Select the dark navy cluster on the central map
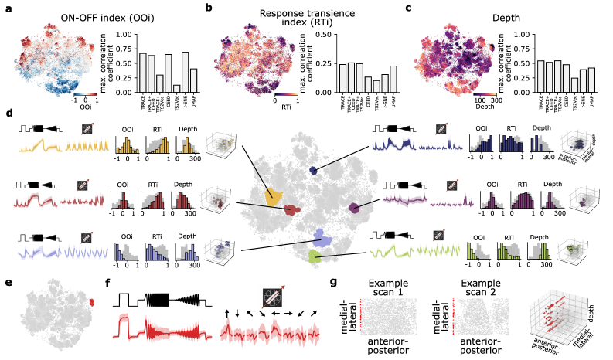tap(314, 170)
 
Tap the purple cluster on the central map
tap(354, 207)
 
